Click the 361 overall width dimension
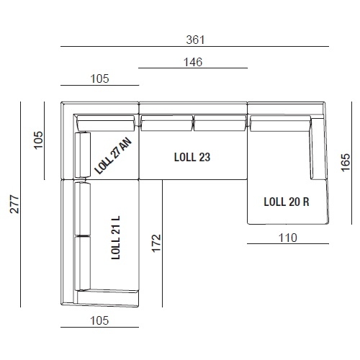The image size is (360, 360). [x=195, y=40]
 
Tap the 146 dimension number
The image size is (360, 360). [x=193, y=62]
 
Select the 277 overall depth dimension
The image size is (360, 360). [x=14, y=204]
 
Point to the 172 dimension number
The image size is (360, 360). [x=156, y=243]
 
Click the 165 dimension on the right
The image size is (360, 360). [x=346, y=163]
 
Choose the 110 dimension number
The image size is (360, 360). [x=288, y=238]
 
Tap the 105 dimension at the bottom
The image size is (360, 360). [x=99, y=320]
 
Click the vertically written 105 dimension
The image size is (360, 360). [x=38, y=140]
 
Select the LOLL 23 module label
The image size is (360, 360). [x=192, y=157]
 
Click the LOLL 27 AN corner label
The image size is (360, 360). [x=113, y=156]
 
